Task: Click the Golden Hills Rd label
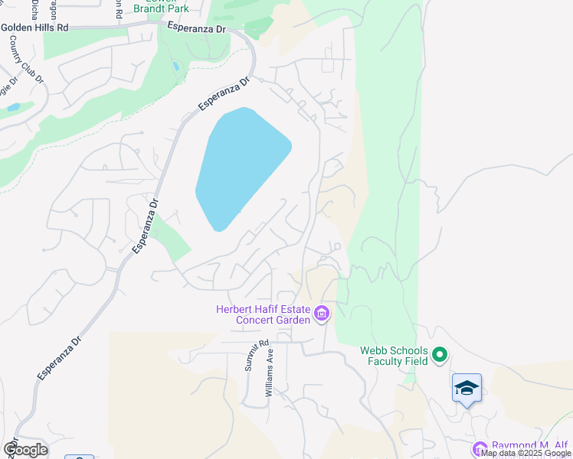[x=35, y=27]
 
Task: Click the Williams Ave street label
[x=269, y=374]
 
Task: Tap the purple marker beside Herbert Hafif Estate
[x=322, y=314]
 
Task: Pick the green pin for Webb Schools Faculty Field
[x=440, y=355]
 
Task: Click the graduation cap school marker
[x=467, y=388]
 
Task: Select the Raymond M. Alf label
[x=531, y=446]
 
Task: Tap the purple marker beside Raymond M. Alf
[x=480, y=449]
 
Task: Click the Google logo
[x=25, y=450]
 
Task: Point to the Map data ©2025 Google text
[x=526, y=454]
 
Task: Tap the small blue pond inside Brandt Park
[x=177, y=66]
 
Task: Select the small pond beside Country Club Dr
[x=13, y=108]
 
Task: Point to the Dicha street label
[x=35, y=8]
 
